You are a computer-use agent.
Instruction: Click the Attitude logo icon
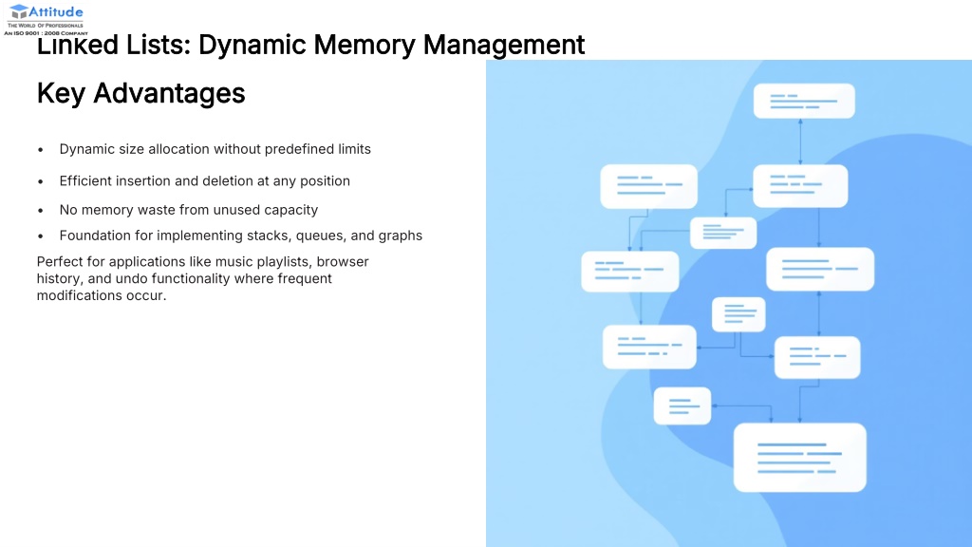19,11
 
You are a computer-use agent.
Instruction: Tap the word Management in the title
504,45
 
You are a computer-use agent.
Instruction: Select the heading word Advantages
169,93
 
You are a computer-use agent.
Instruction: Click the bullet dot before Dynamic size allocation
41,150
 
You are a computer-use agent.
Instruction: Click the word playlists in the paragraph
281,261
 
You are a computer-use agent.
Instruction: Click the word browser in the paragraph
343,261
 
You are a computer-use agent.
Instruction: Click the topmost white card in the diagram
803,101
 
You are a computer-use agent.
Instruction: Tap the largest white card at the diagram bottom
799,457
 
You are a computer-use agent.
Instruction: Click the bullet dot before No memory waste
41,210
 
